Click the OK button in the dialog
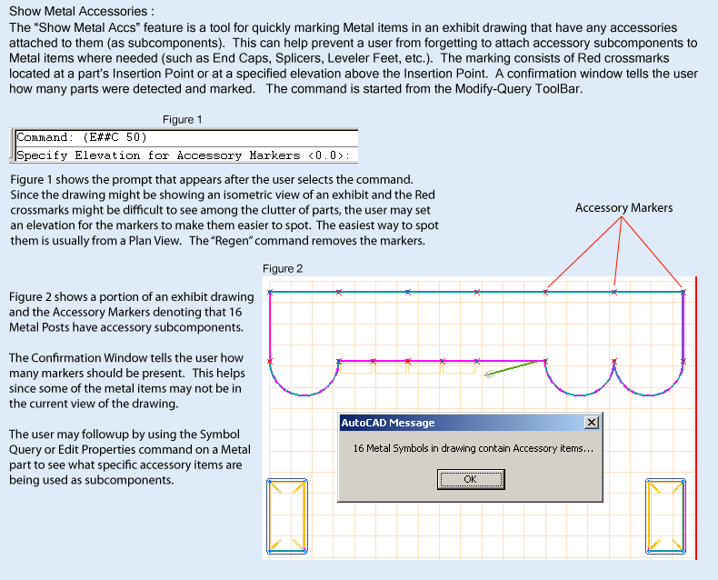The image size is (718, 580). [x=471, y=479]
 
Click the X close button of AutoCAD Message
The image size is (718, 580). [x=591, y=423]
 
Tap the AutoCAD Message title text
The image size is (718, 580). [x=388, y=423]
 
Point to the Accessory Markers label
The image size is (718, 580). [x=623, y=208]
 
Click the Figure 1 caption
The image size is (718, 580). [x=183, y=120]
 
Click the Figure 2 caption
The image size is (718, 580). [x=283, y=269]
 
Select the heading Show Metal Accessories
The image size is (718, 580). [x=82, y=12]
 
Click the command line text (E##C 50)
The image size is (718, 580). [x=115, y=137]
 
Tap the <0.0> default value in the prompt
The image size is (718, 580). [x=325, y=155]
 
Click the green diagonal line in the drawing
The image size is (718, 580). [x=512, y=368]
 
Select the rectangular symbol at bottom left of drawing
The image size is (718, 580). [x=287, y=516]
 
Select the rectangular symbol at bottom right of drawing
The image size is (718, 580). [x=666, y=516]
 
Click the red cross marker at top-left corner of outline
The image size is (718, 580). [x=270, y=292]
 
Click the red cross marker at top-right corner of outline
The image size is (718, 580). [x=683, y=292]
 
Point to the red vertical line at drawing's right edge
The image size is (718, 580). [x=696, y=418]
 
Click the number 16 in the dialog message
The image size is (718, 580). [x=358, y=448]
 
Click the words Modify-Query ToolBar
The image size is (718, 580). [x=519, y=89]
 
